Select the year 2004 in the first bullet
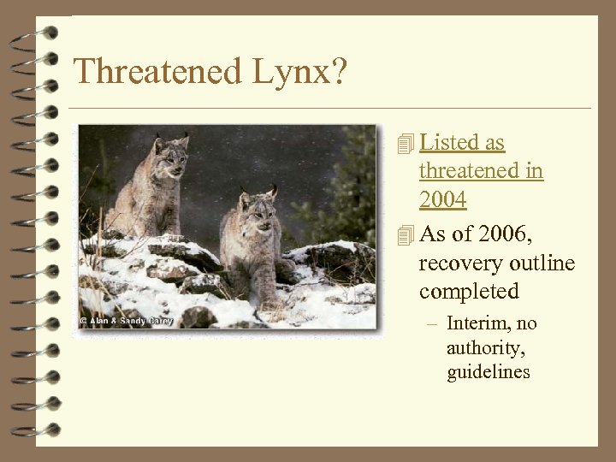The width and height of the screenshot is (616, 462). coord(442,200)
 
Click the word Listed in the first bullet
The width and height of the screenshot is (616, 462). coord(450,143)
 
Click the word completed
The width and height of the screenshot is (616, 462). coord(469,292)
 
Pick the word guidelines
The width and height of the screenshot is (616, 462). coord(488,372)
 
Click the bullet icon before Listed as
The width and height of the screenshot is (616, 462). coord(406,144)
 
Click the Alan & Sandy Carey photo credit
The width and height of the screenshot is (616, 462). coord(127,321)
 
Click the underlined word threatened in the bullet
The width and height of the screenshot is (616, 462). coord(481,171)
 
